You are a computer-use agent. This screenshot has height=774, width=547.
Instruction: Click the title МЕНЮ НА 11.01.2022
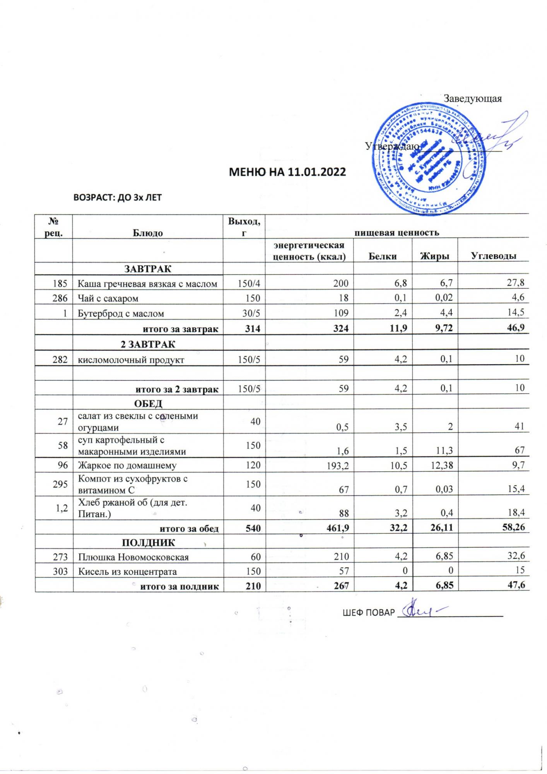coord(287,172)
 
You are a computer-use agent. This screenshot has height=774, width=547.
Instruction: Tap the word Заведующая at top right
coord(472,99)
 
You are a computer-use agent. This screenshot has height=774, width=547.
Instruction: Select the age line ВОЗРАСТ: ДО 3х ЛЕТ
coord(117,198)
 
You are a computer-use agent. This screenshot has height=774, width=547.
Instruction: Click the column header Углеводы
coord(493,256)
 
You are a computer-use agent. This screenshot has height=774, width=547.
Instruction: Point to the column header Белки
coord(383,256)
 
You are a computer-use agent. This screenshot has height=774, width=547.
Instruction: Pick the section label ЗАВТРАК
coord(148,269)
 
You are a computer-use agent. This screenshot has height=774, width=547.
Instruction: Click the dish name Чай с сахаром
coord(108,298)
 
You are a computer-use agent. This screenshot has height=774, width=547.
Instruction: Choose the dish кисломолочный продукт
coord(131,360)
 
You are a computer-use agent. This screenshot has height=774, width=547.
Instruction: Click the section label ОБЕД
coord(148,403)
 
